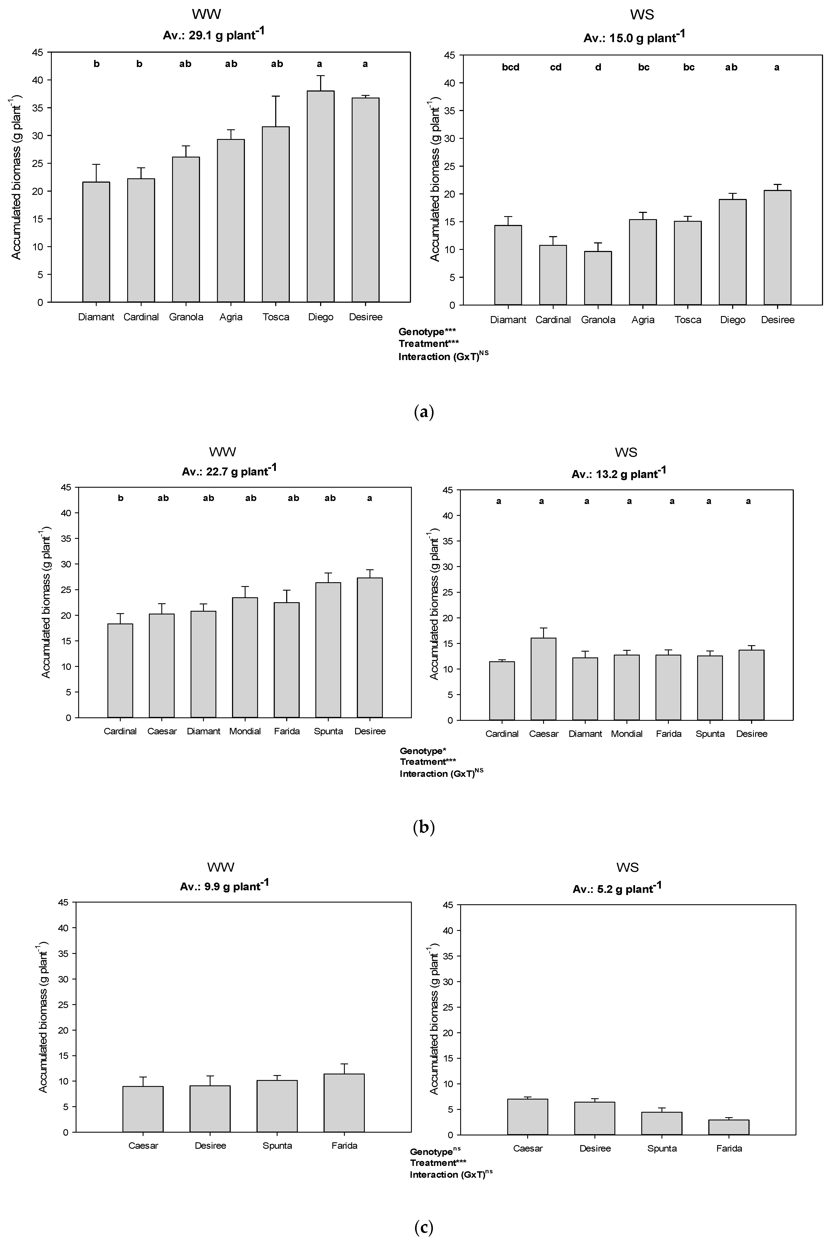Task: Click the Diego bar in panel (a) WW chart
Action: pyautogui.click(x=321, y=197)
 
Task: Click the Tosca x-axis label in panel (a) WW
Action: pyautogui.click(x=275, y=317)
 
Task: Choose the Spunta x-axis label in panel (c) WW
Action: pyautogui.click(x=277, y=1146)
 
